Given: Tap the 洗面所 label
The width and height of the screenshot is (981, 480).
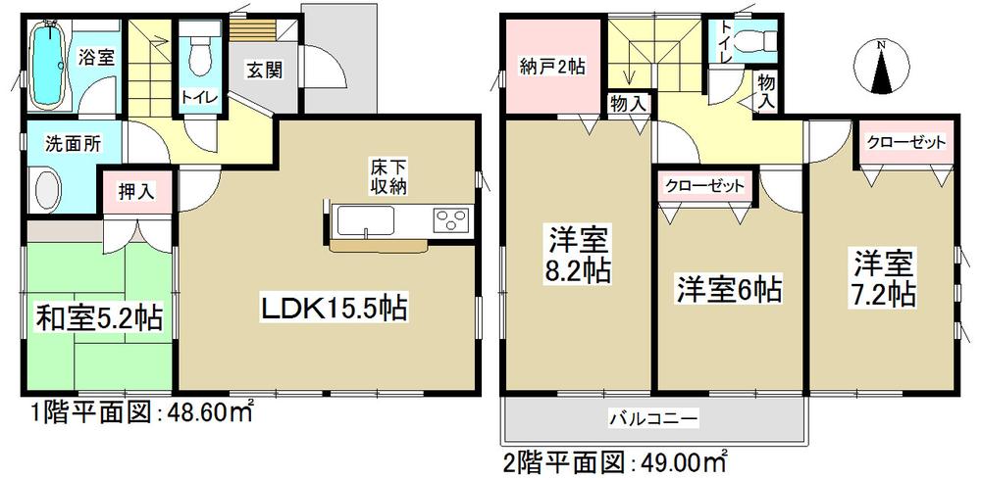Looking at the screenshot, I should [x=70, y=140].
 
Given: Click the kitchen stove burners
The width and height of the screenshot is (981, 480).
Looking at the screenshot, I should [x=450, y=218].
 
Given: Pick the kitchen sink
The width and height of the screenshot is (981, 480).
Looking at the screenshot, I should [x=365, y=220].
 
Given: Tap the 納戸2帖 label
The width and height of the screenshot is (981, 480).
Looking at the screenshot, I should [x=552, y=68].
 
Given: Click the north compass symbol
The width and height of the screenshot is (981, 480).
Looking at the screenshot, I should [x=880, y=69].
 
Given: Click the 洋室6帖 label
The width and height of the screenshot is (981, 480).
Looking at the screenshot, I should [x=727, y=290].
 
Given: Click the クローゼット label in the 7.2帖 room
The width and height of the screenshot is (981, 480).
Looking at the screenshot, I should [x=905, y=142].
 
